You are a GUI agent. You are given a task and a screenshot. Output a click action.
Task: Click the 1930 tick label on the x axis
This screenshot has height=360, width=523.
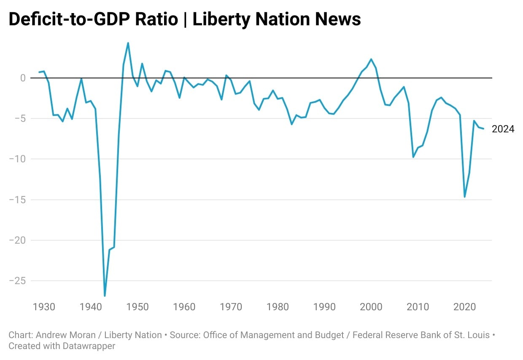[44, 306]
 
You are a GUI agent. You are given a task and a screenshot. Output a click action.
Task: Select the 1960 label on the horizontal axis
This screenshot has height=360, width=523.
[184, 306]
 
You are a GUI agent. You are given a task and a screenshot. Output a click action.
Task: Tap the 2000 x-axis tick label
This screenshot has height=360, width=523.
[371, 306]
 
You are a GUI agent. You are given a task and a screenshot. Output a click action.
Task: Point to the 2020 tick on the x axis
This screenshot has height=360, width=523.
[464, 306]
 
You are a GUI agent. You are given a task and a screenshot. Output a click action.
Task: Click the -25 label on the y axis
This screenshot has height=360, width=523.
[17, 281]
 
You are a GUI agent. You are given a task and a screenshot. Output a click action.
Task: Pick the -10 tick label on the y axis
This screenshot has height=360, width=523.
[17, 159]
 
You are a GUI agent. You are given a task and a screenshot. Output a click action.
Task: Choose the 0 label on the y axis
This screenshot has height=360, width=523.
[22, 78]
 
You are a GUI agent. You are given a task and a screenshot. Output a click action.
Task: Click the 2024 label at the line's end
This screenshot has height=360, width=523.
[503, 129]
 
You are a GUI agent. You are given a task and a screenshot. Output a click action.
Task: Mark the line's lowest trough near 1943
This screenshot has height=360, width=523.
[105, 296]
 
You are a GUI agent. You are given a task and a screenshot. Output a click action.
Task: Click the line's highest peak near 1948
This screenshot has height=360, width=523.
[128, 43]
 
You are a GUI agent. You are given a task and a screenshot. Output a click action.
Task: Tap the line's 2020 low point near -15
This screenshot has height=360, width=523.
[464, 197]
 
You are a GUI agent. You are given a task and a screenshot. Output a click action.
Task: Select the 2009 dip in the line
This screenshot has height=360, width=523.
[413, 157]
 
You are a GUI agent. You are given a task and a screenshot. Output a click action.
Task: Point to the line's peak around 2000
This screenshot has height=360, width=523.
[371, 59]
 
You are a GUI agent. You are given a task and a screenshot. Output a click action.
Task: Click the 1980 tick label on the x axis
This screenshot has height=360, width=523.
[278, 306]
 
